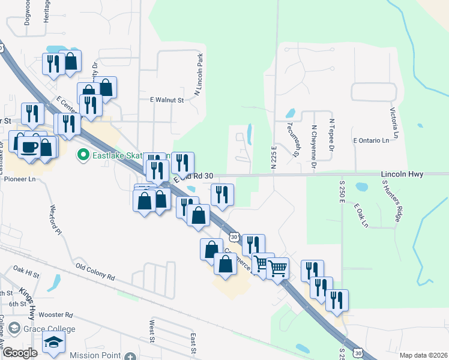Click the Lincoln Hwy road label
[x=402, y=174]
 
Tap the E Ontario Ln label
[x=376, y=140]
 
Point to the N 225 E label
[x=274, y=157]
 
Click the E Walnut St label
[x=166, y=100]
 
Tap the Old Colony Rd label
[x=94, y=271]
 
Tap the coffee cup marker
[x=29, y=146]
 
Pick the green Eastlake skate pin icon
[x=83, y=155]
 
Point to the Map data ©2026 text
[x=423, y=355]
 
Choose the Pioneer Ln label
[x=20, y=179]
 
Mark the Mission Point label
[x=92, y=355]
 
